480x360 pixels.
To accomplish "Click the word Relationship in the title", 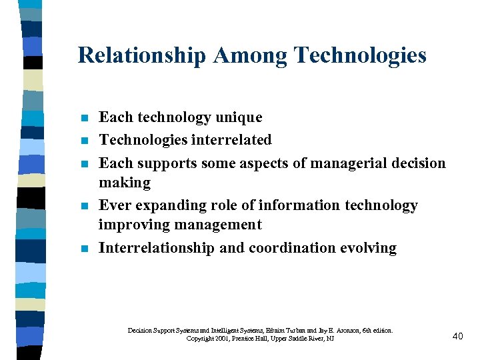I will [142, 55].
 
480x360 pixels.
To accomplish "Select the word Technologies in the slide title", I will [355, 55].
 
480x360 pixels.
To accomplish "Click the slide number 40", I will [457, 336].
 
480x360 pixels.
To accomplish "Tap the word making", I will [125, 183].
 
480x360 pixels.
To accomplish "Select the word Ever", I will [114, 205].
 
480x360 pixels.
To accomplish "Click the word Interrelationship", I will [157, 248].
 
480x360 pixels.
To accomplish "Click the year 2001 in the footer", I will [223, 339].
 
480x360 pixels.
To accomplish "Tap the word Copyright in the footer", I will [200, 339].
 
